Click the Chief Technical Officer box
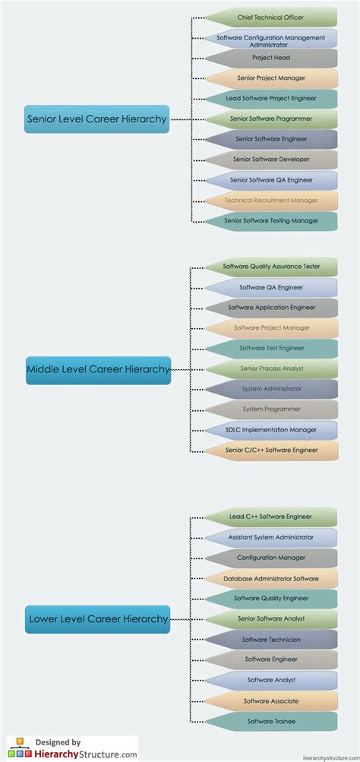click(x=270, y=17)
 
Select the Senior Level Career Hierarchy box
click(x=96, y=119)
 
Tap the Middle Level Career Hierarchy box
click(x=98, y=369)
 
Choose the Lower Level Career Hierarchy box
click(x=97, y=619)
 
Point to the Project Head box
click(x=270, y=58)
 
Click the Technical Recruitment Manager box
click(x=270, y=201)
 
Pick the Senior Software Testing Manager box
click(x=270, y=221)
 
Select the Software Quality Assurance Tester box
click(x=270, y=267)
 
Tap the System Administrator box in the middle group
click(x=270, y=389)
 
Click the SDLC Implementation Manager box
click(x=270, y=430)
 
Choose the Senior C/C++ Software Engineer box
click(x=270, y=451)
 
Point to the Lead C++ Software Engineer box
click(x=270, y=517)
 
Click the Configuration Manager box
click(x=270, y=558)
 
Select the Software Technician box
click(x=270, y=640)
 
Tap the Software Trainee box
click(x=270, y=721)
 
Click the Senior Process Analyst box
click(x=270, y=368)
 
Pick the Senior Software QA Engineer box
click(x=270, y=180)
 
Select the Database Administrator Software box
click(x=270, y=578)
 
